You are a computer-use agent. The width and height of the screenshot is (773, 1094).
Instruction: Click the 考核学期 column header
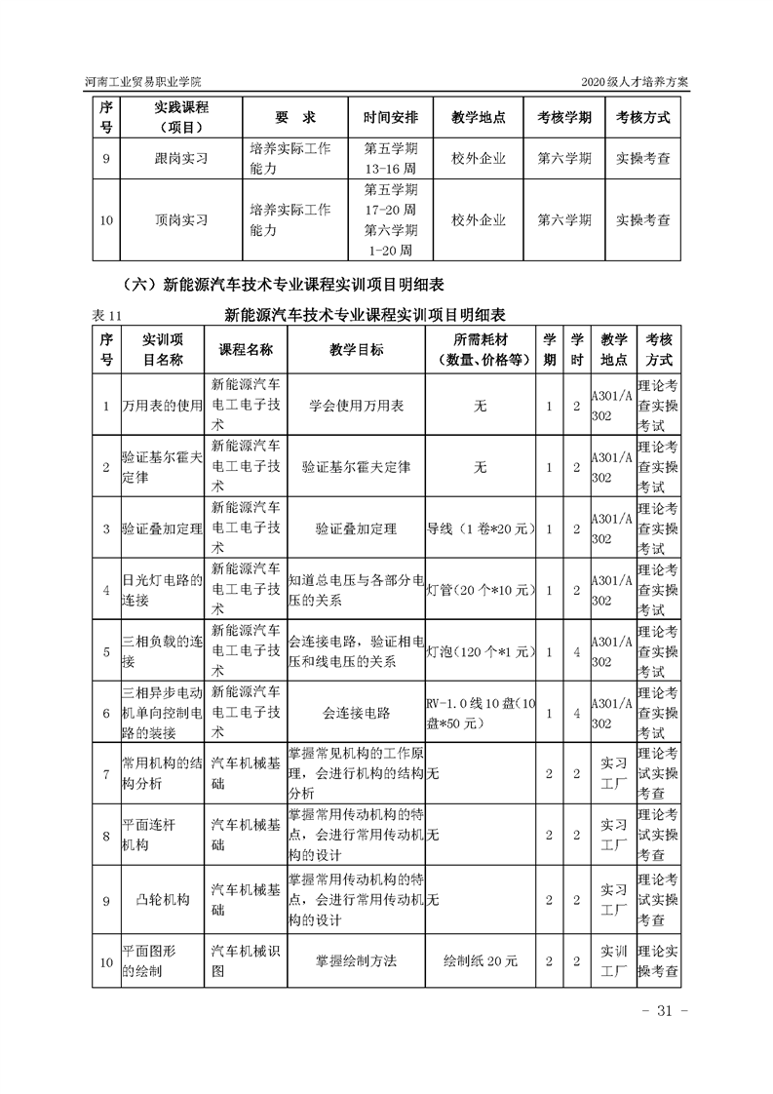564,117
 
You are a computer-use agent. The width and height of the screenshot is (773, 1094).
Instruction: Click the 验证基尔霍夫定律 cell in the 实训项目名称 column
161,467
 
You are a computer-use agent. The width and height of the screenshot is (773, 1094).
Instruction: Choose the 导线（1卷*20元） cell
480,528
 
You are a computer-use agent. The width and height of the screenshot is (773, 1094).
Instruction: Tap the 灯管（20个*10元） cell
480,590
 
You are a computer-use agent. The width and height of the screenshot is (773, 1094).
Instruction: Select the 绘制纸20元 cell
480,960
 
